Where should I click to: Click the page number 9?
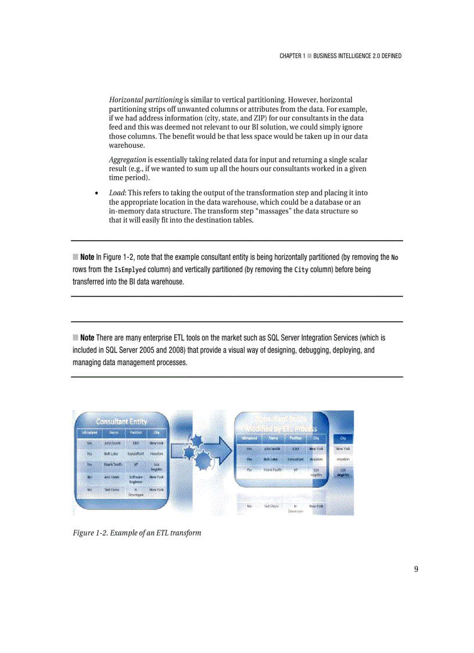416,569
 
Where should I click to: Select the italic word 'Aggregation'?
127,159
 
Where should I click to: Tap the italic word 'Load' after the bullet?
117,192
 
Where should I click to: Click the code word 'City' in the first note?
301,270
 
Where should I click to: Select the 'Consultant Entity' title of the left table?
121,421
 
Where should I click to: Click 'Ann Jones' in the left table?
112,477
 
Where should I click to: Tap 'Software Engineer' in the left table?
137,479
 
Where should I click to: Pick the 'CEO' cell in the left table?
135,443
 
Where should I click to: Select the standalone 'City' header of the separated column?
343,439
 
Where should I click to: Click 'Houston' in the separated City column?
343,459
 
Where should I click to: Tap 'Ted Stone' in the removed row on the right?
271,506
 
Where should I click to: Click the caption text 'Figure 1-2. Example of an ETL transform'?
137,533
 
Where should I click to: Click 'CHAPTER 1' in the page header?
292,56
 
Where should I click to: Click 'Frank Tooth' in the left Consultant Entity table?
113,465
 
